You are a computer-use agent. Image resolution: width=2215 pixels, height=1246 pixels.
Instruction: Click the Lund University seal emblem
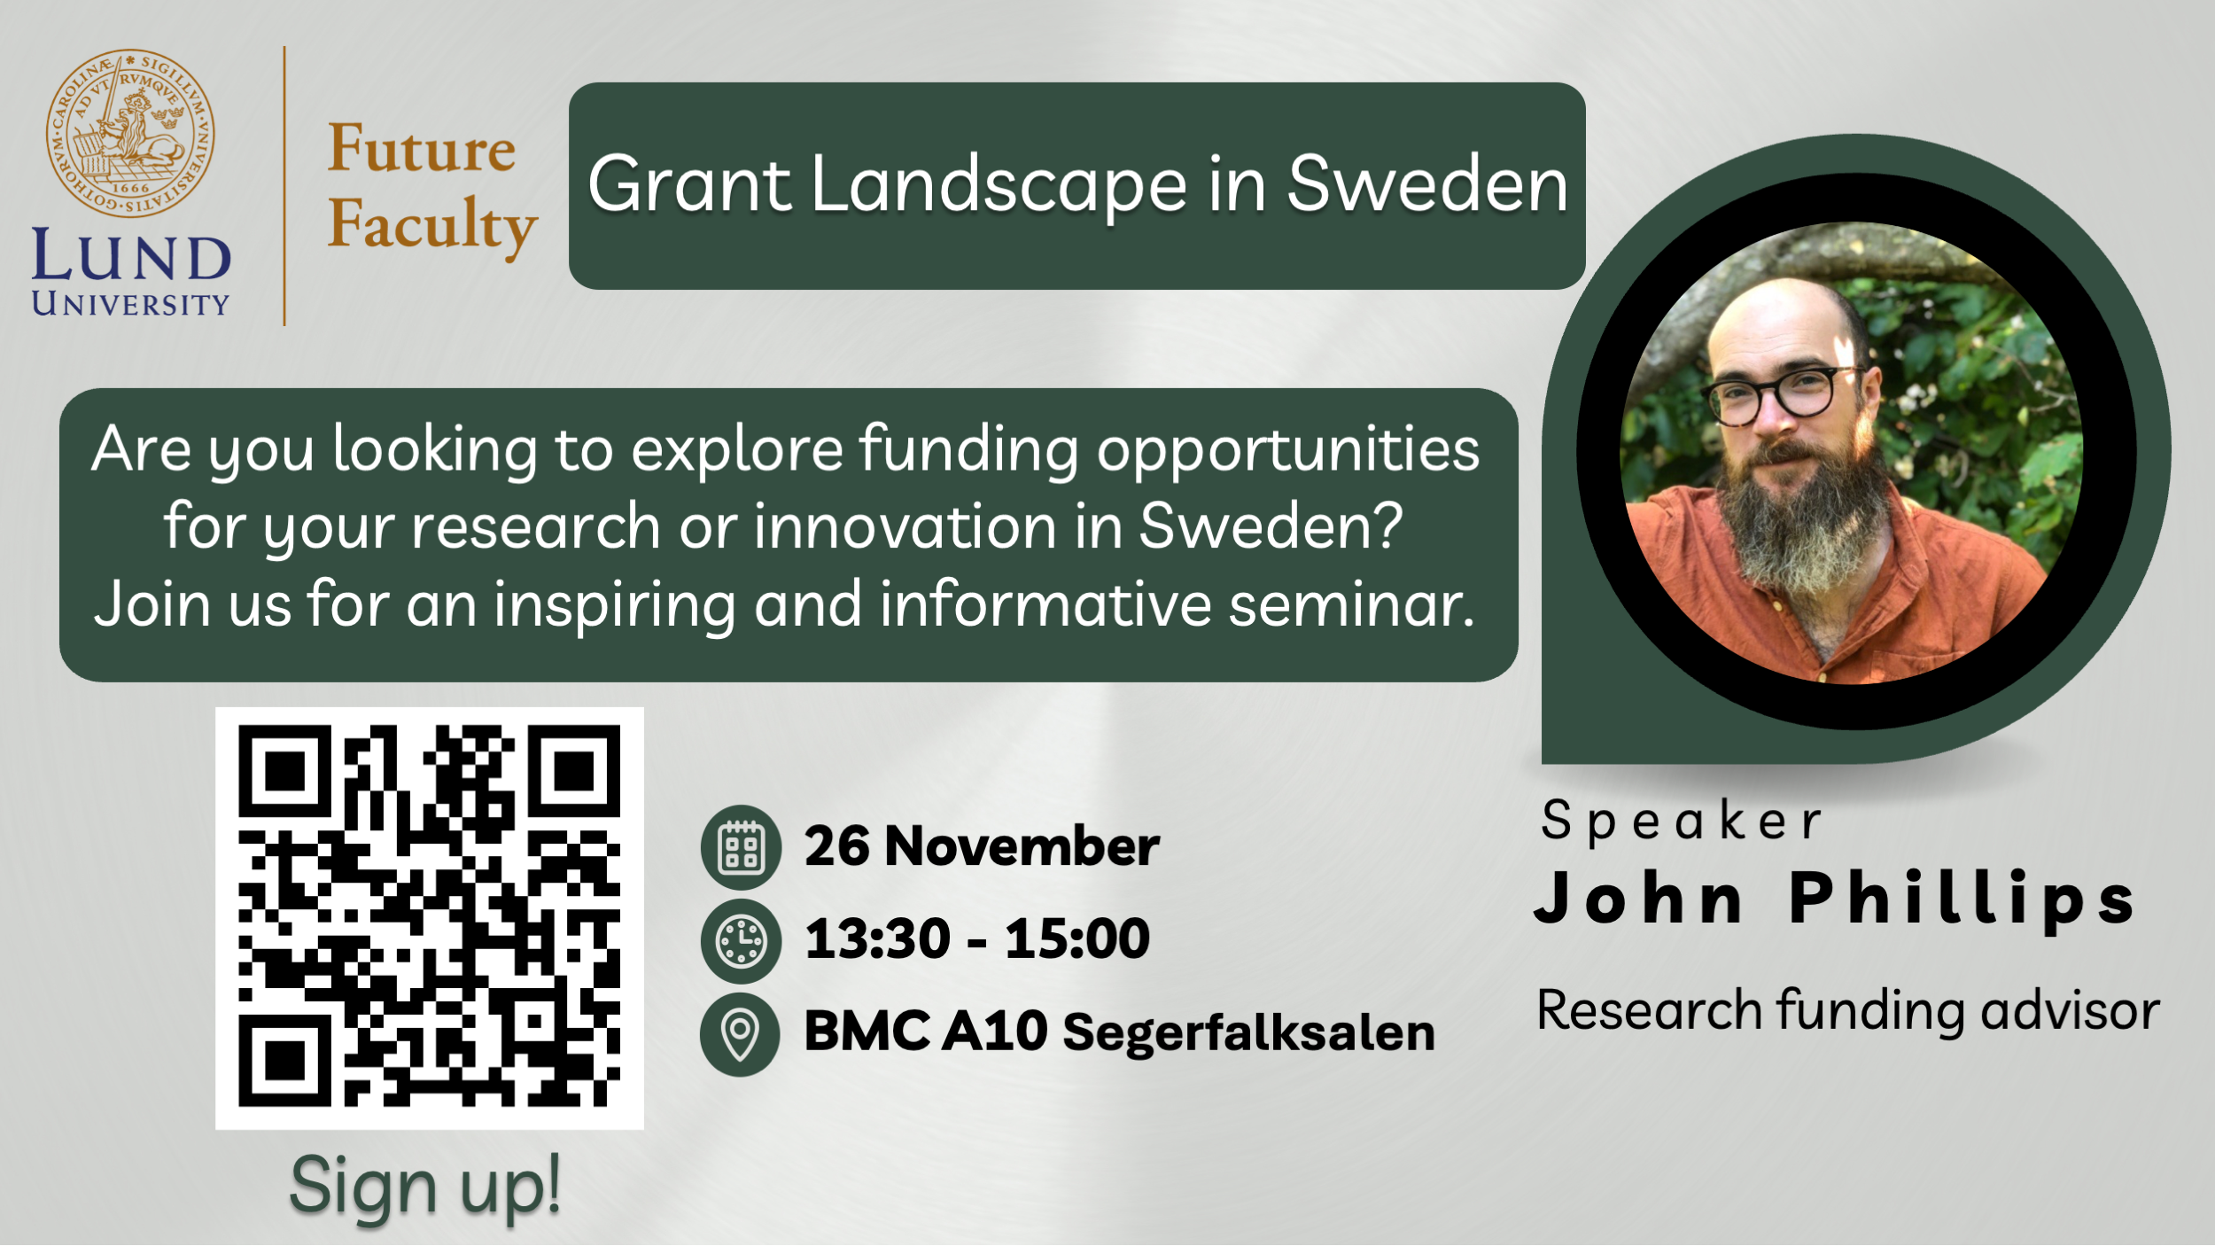click(x=130, y=133)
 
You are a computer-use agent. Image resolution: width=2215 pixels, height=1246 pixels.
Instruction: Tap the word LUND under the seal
click(x=131, y=256)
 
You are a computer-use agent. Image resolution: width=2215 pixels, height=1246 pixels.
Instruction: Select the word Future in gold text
click(x=422, y=148)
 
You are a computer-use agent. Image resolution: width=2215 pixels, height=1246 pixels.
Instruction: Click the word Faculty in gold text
click(x=432, y=226)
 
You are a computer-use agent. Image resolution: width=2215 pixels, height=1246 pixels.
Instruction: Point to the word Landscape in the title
click(x=999, y=187)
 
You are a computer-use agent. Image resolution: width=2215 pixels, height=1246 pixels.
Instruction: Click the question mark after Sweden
click(x=1389, y=525)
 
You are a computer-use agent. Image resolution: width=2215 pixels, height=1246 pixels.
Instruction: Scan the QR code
click(x=430, y=916)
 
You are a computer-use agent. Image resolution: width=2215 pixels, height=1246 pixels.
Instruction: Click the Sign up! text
click(x=425, y=1187)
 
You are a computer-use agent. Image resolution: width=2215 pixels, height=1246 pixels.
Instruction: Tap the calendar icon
click(x=741, y=847)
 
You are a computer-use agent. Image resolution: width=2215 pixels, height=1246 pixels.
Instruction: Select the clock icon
click(x=741, y=941)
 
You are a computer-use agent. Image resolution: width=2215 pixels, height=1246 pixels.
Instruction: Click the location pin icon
click(x=741, y=1034)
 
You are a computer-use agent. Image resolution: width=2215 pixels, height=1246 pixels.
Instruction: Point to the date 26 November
click(x=982, y=846)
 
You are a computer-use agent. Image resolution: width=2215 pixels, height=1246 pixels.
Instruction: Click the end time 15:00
click(x=1077, y=938)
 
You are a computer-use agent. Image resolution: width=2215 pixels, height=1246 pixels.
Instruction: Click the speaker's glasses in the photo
click(x=1783, y=394)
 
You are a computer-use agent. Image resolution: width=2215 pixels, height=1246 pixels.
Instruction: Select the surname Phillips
click(x=1962, y=900)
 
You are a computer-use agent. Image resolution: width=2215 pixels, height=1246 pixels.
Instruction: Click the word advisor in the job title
click(x=2071, y=1010)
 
